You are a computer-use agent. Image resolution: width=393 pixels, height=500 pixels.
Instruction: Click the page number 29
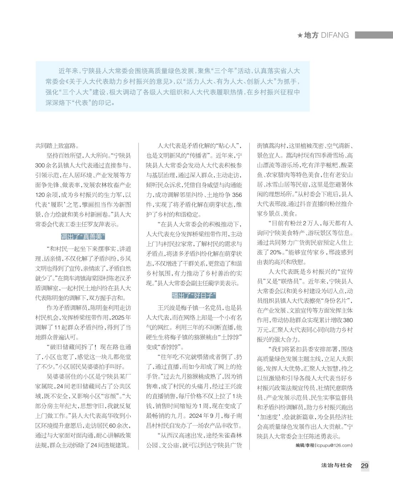[x=364, y=466]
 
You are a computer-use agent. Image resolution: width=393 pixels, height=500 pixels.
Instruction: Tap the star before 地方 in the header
[x=300, y=35]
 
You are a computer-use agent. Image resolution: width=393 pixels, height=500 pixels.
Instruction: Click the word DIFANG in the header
[x=335, y=35]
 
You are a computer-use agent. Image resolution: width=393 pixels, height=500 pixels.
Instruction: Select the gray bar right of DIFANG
[x=374, y=35]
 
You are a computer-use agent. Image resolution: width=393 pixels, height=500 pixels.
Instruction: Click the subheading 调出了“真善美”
[x=83, y=237]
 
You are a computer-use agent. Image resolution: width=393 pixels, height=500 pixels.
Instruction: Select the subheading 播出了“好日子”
[x=194, y=295]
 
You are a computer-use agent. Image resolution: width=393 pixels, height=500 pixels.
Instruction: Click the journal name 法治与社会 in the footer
[x=337, y=465]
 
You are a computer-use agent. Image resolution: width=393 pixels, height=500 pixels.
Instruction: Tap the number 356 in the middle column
[x=237, y=195]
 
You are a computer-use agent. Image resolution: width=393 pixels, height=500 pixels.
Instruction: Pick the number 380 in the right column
[x=347, y=320]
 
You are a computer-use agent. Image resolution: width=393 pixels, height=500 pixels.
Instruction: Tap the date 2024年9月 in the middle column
[x=202, y=416]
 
